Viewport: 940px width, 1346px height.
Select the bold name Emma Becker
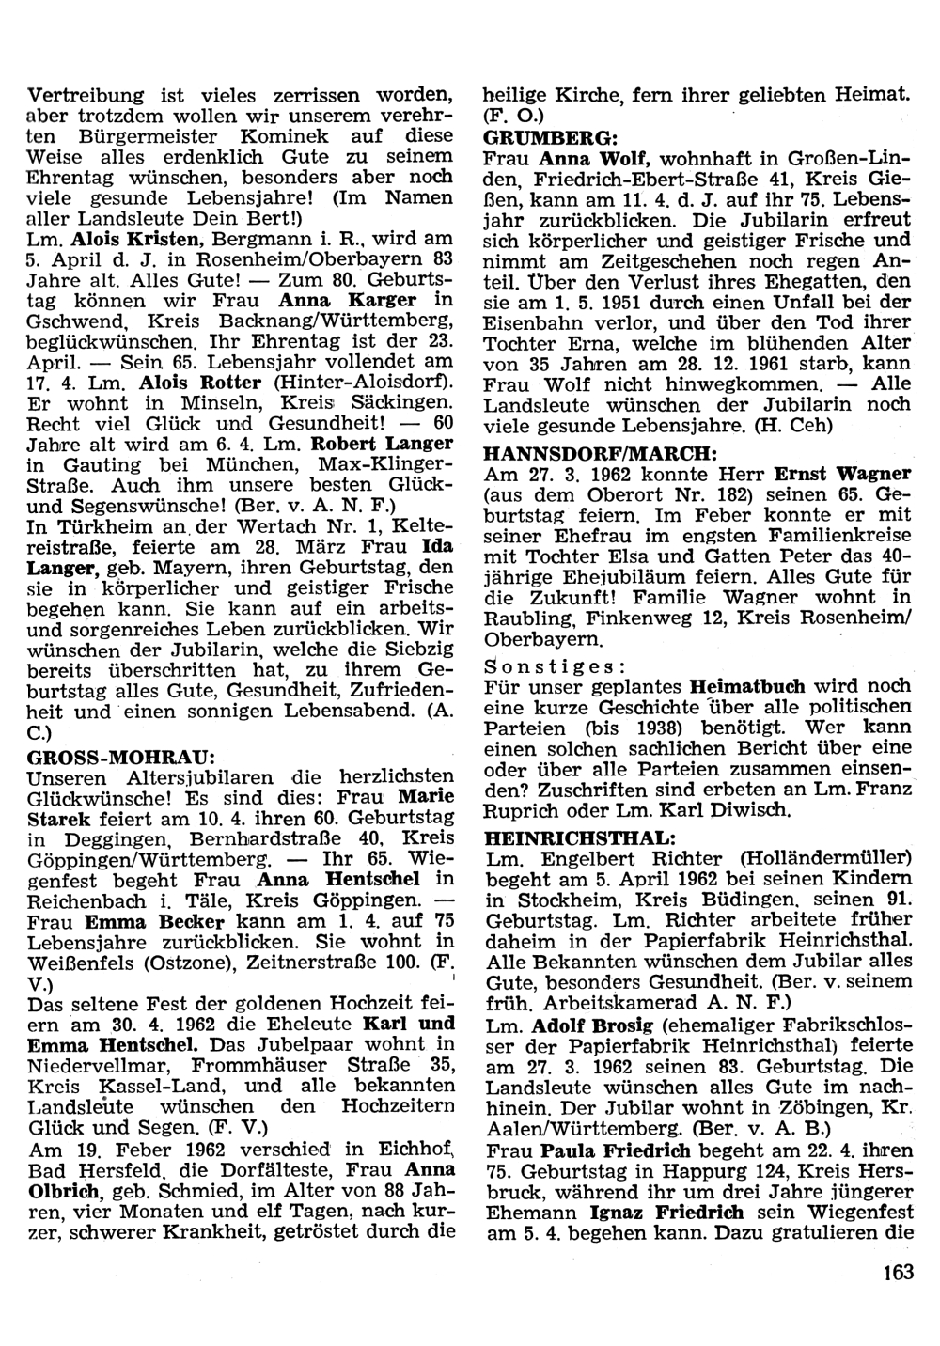[x=143, y=921]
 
